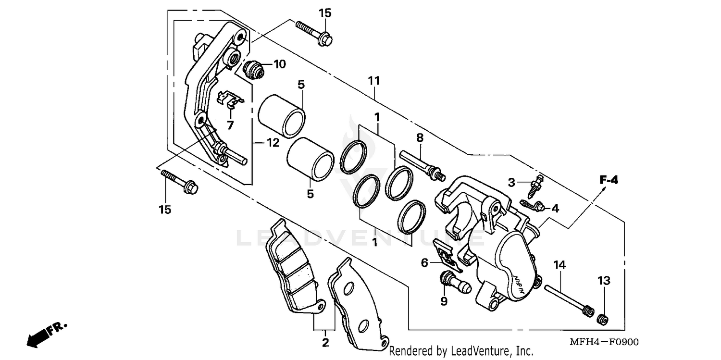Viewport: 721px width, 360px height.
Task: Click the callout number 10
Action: [279, 64]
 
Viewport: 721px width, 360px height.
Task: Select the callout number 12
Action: [273, 143]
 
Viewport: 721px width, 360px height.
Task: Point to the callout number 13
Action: [604, 280]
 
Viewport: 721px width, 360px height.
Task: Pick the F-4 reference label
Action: [608, 181]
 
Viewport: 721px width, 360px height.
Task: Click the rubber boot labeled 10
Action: [254, 70]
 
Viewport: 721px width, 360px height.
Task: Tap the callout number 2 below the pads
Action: [325, 343]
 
